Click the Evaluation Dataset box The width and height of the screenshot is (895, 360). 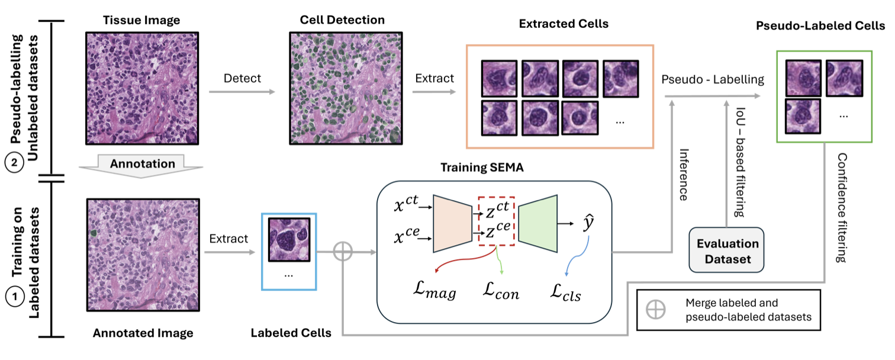726,250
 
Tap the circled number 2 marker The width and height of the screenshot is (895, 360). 14,163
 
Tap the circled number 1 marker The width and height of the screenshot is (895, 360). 15,297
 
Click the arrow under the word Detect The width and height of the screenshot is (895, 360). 242,92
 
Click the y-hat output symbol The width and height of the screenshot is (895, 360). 588,223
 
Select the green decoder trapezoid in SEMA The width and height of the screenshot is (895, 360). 538,224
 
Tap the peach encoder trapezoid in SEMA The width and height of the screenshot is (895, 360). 452,224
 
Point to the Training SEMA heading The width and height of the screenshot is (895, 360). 482,168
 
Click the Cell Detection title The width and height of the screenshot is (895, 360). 342,20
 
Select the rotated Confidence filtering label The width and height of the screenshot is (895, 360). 842,208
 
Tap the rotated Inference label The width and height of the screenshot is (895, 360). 684,175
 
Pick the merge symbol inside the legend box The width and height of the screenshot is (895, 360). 656,310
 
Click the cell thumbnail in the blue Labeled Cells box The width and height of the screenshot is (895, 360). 289,240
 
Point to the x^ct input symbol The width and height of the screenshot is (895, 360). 406,203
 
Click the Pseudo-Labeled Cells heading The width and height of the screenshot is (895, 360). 820,26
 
